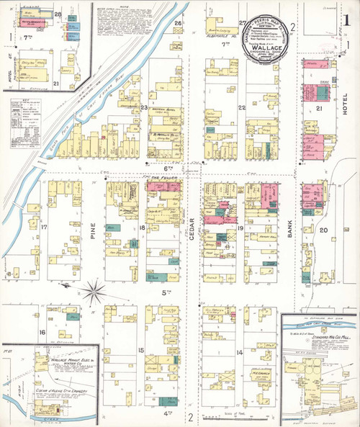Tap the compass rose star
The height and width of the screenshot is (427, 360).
click(x=93, y=292)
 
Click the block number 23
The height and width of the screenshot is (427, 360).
click(x=143, y=108)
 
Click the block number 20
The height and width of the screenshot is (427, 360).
click(x=323, y=230)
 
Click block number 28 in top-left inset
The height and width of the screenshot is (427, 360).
click(x=57, y=14)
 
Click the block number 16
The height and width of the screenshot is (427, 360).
click(x=42, y=331)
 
